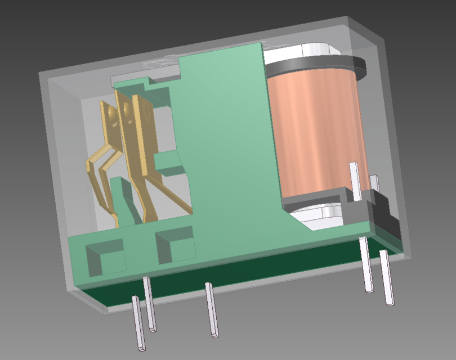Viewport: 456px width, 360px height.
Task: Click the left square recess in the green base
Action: coord(104,256)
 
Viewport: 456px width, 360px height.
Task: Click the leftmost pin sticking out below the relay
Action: coord(138,323)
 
